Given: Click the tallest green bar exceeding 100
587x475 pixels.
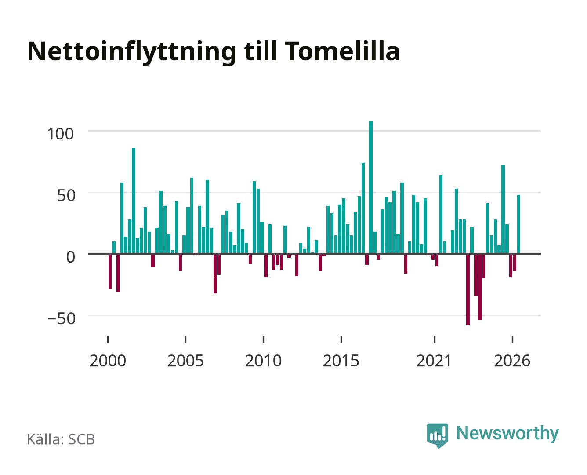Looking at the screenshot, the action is [371, 187].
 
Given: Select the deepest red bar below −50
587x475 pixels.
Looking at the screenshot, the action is [467, 289].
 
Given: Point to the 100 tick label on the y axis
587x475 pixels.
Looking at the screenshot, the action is [61, 134].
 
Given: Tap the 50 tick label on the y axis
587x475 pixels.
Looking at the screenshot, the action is [66, 196].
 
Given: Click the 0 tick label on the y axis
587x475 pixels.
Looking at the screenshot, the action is [71, 257].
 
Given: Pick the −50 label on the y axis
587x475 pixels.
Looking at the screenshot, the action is [62, 318].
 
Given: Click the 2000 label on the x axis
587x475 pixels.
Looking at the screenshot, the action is [108, 361].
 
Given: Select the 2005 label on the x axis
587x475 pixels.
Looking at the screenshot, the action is [185, 361].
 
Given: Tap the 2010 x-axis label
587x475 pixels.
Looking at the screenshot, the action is [263, 361].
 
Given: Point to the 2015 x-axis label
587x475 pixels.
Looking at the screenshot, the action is [341, 361].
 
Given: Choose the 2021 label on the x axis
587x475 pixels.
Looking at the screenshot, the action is [434, 361].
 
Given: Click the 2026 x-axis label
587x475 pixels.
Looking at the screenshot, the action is [512, 361].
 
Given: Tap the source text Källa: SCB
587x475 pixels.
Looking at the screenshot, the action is [61, 439].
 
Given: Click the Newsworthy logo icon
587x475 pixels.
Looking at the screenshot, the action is [437, 435].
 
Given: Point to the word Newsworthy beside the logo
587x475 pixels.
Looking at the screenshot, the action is [507, 434].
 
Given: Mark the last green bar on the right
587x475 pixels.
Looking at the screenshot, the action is [518, 224].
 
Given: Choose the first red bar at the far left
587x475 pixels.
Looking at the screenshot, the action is [110, 271].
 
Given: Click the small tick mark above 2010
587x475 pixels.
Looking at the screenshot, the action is [264, 339].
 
